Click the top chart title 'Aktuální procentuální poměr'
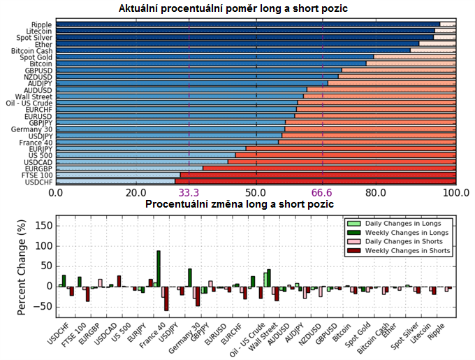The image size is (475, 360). [234, 8]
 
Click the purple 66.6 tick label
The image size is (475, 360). [323, 192]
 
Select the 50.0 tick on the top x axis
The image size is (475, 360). [256, 192]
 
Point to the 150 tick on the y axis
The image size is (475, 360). [43, 226]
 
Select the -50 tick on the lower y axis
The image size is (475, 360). [43, 307]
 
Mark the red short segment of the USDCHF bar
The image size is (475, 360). [314, 182]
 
